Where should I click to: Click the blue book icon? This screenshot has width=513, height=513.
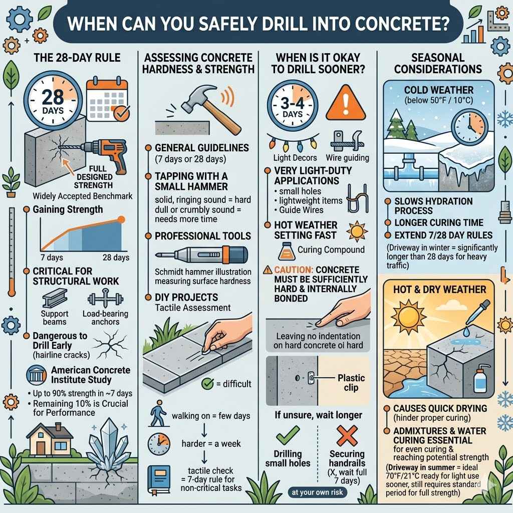click(156, 477)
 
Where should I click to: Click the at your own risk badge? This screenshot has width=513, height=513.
click(317, 492)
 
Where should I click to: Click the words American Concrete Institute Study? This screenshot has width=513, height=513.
click(90, 375)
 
